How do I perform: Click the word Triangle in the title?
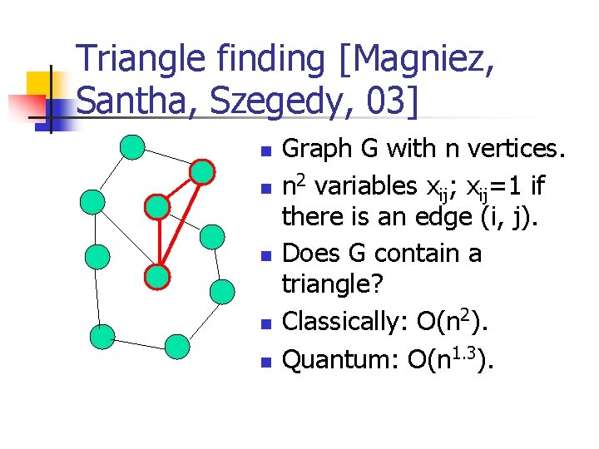[138, 60]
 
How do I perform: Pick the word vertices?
[515, 149]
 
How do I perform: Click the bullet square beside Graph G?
[265, 152]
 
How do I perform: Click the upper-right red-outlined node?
[202, 172]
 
